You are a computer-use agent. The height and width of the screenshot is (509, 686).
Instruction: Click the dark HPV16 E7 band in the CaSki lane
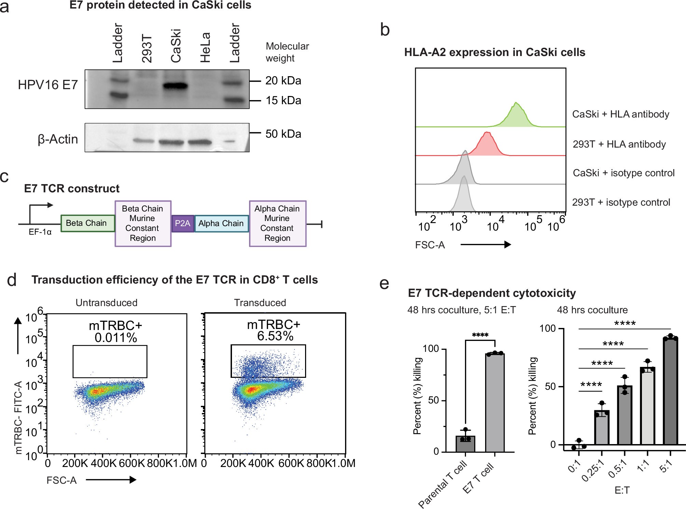pyautogui.click(x=175, y=86)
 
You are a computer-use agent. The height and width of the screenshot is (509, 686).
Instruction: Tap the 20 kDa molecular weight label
pyautogui.click(x=283, y=81)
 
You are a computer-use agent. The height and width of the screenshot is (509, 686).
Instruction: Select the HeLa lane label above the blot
pyautogui.click(x=205, y=47)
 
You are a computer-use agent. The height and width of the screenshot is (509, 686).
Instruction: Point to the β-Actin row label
pyautogui.click(x=58, y=139)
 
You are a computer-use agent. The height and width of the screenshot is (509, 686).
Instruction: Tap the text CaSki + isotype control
pyautogui.click(x=623, y=173)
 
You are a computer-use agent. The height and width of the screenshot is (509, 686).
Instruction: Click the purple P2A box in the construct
pyautogui.click(x=182, y=223)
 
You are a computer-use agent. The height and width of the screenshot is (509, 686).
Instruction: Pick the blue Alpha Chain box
pyautogui.click(x=221, y=223)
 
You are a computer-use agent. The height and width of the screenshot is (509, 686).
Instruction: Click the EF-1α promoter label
pyautogui.click(x=40, y=232)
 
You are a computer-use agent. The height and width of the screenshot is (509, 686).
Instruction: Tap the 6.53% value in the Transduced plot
pyautogui.click(x=275, y=336)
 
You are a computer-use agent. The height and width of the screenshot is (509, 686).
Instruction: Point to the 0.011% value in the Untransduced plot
pyautogui.click(x=116, y=338)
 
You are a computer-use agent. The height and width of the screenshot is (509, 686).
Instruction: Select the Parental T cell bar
pyautogui.click(x=465, y=444)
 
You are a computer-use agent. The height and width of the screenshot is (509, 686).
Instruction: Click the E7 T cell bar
pyautogui.click(x=495, y=403)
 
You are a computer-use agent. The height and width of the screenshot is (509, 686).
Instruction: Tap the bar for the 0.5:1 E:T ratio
pyautogui.click(x=625, y=415)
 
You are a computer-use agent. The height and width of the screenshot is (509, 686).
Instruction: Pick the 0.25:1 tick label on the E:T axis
pyautogui.click(x=593, y=470)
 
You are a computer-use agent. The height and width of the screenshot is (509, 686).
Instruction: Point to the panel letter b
pyautogui.click(x=385, y=30)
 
